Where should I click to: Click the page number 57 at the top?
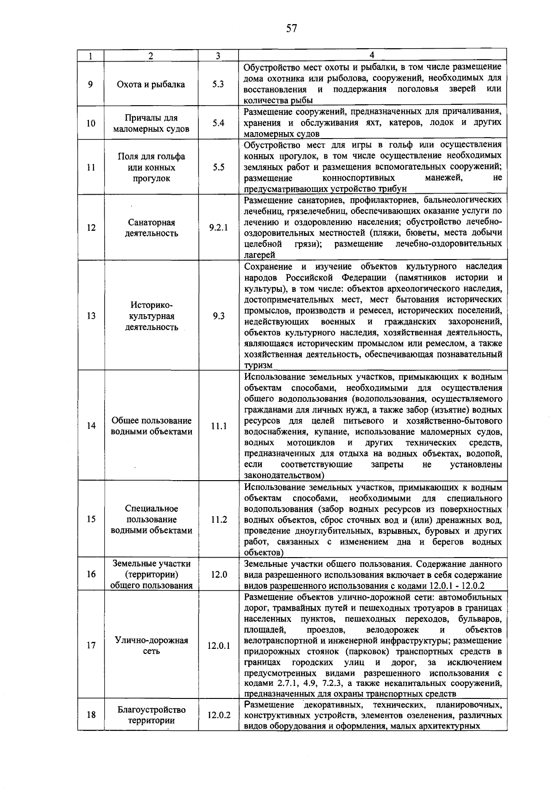291,29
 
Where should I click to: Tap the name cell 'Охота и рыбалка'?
151,84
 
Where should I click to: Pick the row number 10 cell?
91,123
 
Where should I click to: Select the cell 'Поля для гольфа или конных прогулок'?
151,167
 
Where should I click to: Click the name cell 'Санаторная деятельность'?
151,228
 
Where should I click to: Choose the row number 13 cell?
91,316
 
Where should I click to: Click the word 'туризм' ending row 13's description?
258,366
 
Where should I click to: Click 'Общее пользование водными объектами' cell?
151,426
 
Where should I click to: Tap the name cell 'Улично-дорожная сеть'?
151,646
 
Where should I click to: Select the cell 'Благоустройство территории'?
151,715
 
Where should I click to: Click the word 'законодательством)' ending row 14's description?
284,476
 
